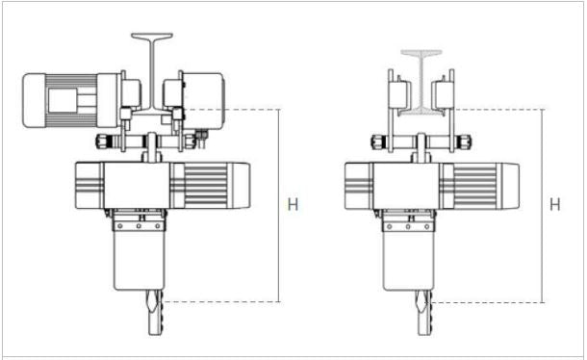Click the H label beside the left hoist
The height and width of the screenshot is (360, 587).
tap(293, 204)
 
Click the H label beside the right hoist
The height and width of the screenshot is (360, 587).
tap(555, 204)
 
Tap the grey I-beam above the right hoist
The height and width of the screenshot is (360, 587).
tap(421, 82)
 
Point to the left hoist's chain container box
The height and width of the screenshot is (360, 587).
tap(140, 260)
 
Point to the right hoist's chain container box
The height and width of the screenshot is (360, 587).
tap(408, 260)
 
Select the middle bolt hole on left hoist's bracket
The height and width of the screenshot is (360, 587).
tap(139, 226)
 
